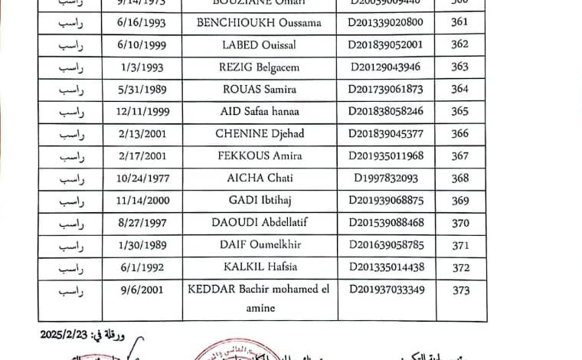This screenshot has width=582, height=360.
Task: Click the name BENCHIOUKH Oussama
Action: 259,23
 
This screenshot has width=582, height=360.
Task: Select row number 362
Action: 459,45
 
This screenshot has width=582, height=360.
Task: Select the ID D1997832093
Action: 385,178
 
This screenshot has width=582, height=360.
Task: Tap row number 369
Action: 459,201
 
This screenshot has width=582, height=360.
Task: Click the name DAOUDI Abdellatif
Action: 259,223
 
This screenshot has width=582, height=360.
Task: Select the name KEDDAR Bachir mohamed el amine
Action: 259,298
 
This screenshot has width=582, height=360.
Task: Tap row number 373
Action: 459,290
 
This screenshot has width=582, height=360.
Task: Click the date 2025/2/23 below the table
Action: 64,335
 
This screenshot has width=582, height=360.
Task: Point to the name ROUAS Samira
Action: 259,90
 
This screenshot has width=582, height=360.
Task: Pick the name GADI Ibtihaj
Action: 259,201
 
